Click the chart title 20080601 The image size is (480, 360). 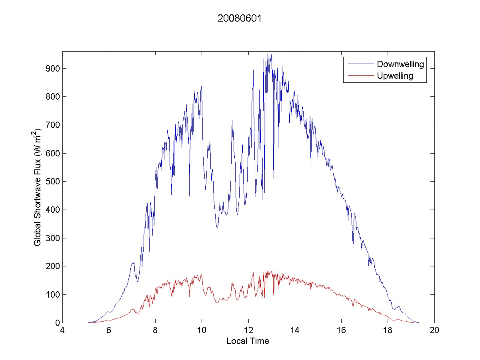(x=240, y=19)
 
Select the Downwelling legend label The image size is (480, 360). (x=400, y=64)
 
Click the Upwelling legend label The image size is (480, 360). (x=395, y=76)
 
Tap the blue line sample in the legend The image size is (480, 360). (x=360, y=64)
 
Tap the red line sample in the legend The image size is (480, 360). (x=360, y=76)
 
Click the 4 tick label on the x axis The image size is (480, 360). (x=62, y=331)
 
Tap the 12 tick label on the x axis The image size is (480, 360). (x=248, y=331)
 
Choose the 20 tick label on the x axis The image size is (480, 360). (x=434, y=331)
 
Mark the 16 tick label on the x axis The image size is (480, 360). (x=341, y=331)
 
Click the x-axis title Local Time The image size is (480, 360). (x=248, y=341)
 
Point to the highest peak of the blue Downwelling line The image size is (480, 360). (x=271, y=54)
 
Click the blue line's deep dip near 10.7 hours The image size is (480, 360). (x=217, y=227)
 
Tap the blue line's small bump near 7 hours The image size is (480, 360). (x=133, y=263)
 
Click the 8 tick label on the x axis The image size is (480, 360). (x=155, y=331)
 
